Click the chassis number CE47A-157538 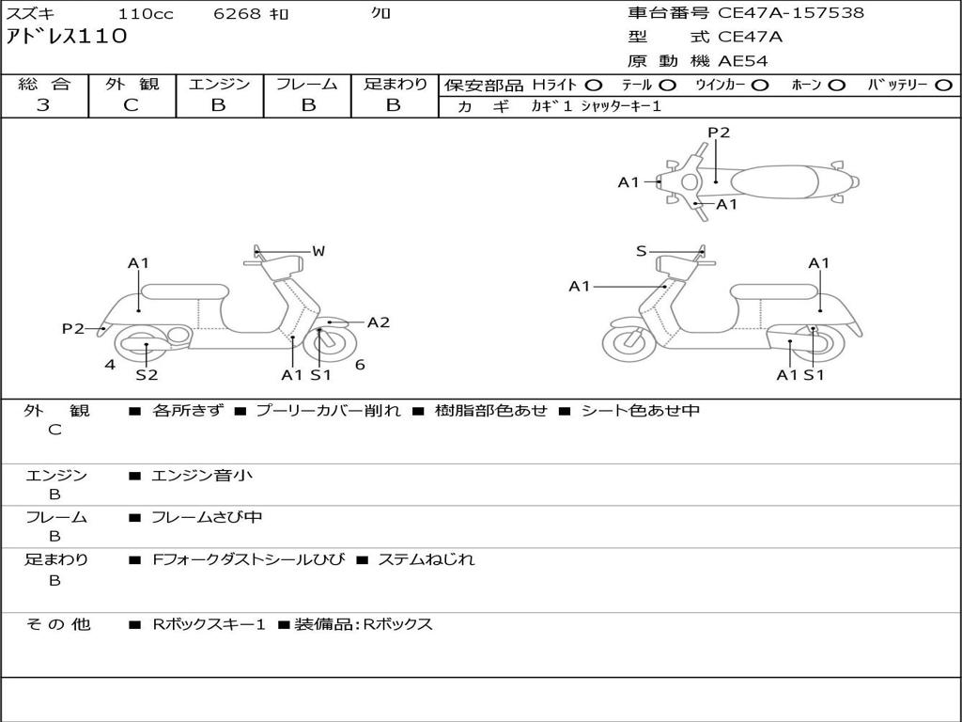(791, 13)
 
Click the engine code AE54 (742, 61)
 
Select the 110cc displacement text (146, 14)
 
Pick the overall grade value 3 (43, 105)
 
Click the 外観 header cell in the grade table (132, 84)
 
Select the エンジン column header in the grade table (219, 84)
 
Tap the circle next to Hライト (593, 85)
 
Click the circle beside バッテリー (943, 85)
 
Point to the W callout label (318, 251)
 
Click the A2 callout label (378, 322)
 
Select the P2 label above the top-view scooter (719, 133)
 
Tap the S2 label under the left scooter (147, 375)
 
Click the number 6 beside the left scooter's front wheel (360, 365)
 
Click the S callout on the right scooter (642, 251)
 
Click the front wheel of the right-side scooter (628, 343)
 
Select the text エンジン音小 (202, 476)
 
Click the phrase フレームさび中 (207, 517)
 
